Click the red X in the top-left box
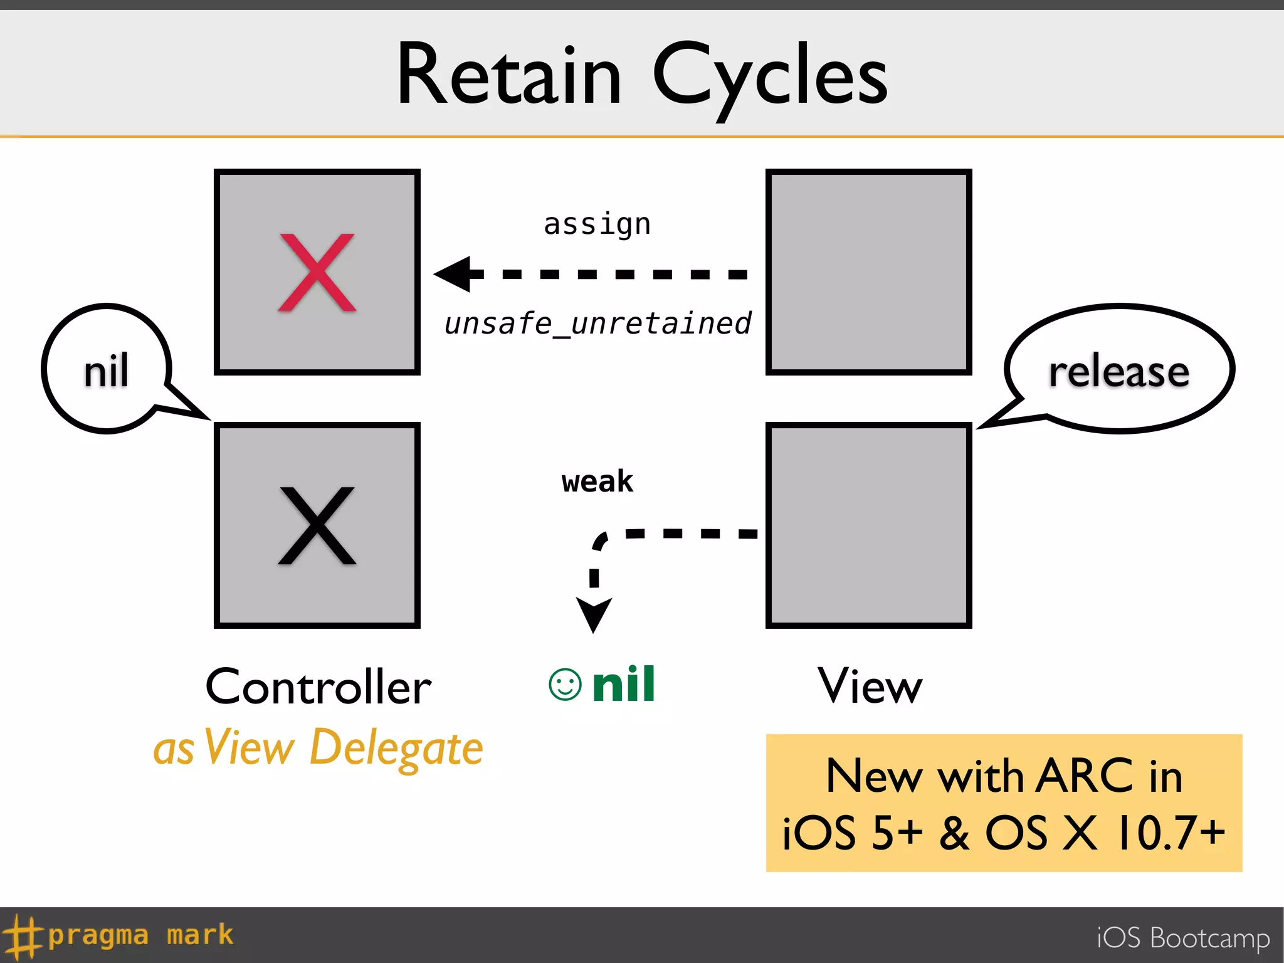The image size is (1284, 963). tap(317, 273)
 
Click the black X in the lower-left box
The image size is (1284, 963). tap(317, 525)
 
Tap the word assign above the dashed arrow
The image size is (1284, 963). tap(597, 224)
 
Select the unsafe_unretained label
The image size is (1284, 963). tap(597, 324)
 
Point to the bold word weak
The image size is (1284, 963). tap(597, 481)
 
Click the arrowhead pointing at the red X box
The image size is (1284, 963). tap(455, 274)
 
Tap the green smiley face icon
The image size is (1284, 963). tap(565, 684)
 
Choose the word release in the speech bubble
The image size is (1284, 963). tap(1118, 371)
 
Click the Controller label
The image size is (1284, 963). tap(318, 687)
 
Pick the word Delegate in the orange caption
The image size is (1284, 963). tap(396, 748)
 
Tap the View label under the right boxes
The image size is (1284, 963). tap(870, 686)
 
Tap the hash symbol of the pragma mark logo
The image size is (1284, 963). tap(23, 935)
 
